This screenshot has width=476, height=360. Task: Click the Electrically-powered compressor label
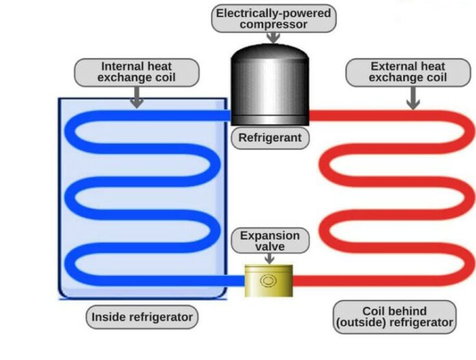coord(274,18)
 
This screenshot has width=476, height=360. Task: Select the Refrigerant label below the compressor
coord(269,138)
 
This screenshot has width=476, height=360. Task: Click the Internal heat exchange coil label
coord(137,72)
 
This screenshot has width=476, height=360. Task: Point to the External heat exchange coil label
coord(408,72)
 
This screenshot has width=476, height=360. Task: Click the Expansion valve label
coord(269,242)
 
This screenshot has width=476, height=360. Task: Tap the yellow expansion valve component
coord(269,281)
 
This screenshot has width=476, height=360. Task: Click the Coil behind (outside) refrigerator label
coord(395,316)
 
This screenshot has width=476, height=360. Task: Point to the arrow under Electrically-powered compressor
coord(273,38)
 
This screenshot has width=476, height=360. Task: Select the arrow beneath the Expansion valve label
coord(269,259)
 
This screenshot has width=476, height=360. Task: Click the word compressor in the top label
coord(274,25)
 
